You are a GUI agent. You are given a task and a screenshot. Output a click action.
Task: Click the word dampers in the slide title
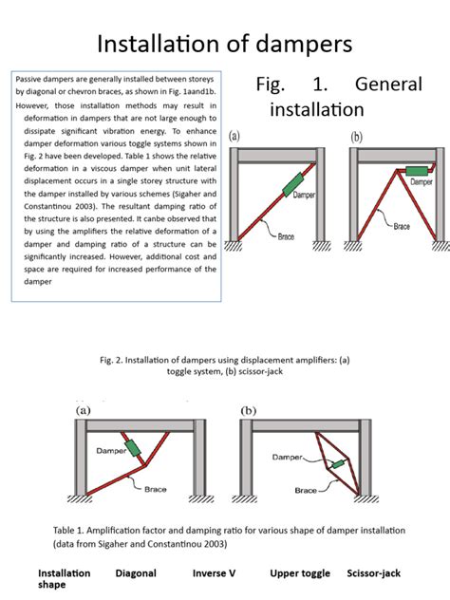304,45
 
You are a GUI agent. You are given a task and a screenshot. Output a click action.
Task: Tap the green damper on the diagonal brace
293,184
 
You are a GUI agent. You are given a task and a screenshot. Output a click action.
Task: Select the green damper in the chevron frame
417,171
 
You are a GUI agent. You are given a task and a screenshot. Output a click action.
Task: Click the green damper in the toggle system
133,448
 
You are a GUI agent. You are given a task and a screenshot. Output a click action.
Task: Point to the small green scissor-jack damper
338,464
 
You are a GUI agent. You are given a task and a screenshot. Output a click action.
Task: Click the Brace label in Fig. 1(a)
286,236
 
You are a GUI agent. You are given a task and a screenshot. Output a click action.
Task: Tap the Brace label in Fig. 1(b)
402,226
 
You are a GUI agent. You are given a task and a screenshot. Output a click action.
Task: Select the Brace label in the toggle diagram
156,489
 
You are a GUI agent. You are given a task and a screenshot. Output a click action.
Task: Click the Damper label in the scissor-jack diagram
288,457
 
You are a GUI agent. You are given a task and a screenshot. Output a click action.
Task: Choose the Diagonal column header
136,573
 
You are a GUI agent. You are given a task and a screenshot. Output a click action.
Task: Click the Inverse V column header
214,573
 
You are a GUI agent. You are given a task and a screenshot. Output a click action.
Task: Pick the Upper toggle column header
300,573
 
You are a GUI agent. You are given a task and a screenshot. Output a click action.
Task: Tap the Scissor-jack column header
374,573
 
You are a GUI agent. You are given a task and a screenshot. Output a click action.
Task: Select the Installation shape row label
65,579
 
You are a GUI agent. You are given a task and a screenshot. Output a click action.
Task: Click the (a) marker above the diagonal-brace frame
234,136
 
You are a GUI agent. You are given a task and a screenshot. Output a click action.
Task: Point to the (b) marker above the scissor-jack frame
249,410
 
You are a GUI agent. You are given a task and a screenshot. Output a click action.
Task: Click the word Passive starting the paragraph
28,79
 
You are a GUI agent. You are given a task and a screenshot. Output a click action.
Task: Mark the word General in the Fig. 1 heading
388,84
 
